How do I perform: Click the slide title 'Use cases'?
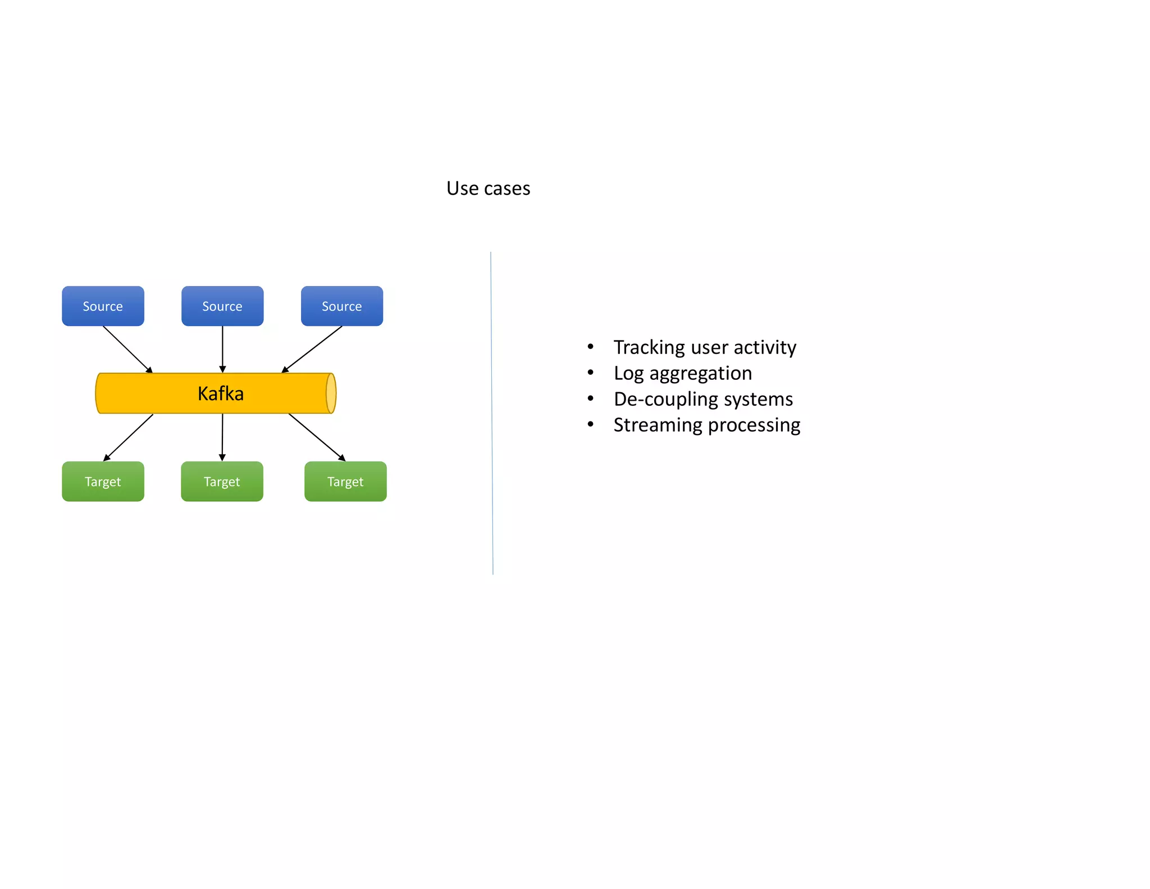point(488,188)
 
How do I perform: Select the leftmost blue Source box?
point(103,306)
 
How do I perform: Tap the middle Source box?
point(222,306)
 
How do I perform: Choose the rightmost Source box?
point(342,306)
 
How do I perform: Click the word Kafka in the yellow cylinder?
point(221,393)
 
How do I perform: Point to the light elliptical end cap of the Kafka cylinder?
point(331,393)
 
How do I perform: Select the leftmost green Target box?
point(103,482)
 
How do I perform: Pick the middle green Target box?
point(222,482)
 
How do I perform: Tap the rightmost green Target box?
point(345,482)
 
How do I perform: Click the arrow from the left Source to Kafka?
point(127,349)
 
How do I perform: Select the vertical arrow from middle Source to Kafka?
point(222,349)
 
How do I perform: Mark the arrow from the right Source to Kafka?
point(312,349)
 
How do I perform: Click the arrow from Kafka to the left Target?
point(129,437)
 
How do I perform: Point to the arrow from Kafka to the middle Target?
point(222,437)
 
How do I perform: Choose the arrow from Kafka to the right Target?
point(317,437)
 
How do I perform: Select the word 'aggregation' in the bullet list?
point(700,374)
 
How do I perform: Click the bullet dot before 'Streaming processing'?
point(590,424)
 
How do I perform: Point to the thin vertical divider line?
point(492,413)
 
